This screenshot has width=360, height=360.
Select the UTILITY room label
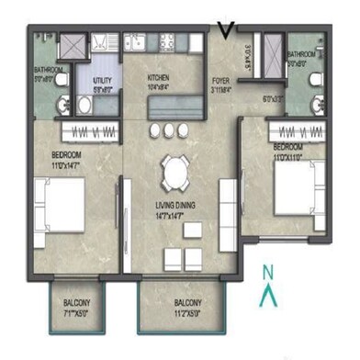pyautogui.click(x=102, y=80)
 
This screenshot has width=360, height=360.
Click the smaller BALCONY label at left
pyautogui.click(x=76, y=304)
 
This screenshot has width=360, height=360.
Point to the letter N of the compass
pyautogui.click(x=266, y=272)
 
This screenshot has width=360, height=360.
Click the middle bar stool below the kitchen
pyautogui.click(x=171, y=130)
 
